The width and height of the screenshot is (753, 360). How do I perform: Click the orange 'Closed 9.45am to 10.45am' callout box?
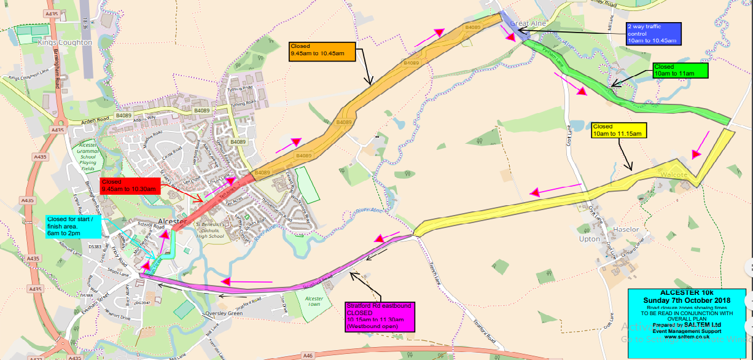(322, 50)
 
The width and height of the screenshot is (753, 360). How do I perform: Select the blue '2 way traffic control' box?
(652, 34)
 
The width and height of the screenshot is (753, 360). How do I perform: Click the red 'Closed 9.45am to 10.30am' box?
(129, 186)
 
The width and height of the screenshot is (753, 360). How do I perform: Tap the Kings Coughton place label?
(64, 43)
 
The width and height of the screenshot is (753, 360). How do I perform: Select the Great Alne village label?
(528, 23)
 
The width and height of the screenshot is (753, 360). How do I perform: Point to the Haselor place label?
(625, 230)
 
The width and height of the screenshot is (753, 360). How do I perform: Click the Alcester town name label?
(172, 221)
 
